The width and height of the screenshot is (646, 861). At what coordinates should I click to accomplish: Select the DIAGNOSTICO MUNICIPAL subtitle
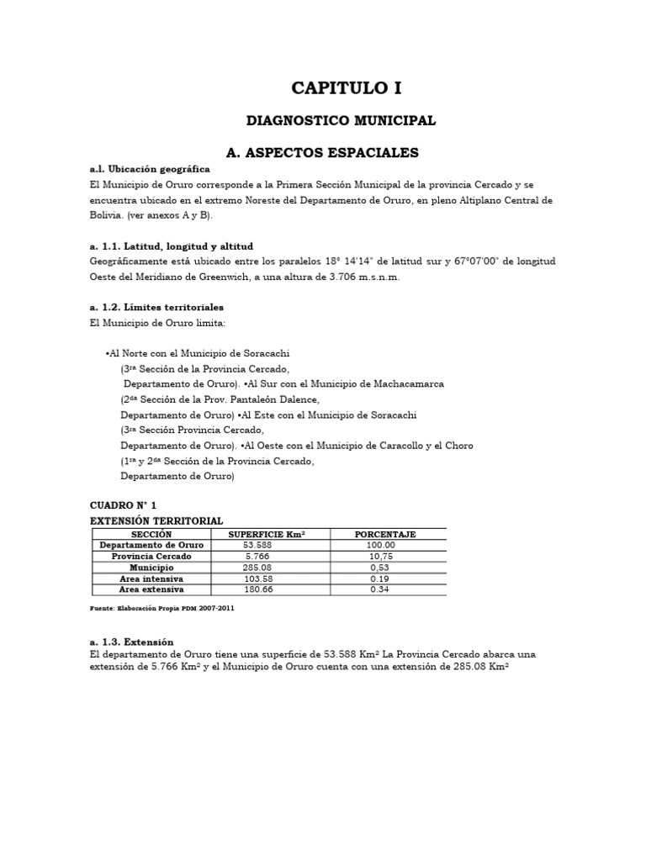click(x=341, y=121)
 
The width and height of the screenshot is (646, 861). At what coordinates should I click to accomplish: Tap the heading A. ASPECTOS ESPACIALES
click(x=323, y=152)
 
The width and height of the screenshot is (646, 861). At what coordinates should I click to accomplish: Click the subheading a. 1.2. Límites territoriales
click(x=156, y=307)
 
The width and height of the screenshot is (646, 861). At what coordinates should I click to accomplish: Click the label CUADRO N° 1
click(x=123, y=504)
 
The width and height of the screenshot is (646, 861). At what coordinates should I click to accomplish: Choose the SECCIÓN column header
click(x=151, y=534)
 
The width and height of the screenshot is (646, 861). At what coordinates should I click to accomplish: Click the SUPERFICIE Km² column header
click(x=267, y=534)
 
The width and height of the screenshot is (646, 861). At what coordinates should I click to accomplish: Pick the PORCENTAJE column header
click(x=385, y=534)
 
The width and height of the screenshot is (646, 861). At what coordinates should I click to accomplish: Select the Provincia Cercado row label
click(x=151, y=557)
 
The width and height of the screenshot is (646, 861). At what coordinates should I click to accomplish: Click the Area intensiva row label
click(x=151, y=579)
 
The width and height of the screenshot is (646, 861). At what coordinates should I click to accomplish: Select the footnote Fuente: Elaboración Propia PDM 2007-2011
click(x=162, y=608)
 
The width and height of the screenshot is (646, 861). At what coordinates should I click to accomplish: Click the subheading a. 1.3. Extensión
click(x=131, y=642)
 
